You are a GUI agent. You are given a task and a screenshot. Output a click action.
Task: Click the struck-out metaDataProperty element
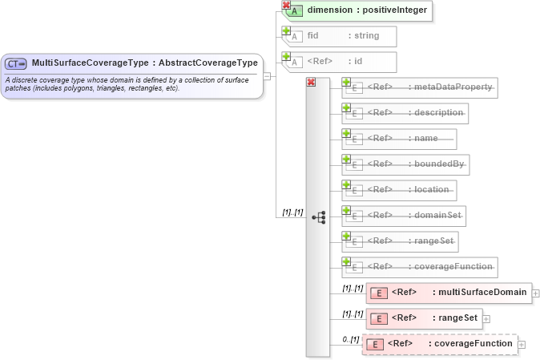coord(421,87)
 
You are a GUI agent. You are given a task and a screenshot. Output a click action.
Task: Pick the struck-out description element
coord(406,113)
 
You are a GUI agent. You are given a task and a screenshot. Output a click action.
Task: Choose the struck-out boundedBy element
coord(405,164)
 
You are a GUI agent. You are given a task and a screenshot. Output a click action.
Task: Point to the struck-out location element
coord(401,190)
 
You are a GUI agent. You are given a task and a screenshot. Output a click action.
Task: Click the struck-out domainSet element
coord(405,216)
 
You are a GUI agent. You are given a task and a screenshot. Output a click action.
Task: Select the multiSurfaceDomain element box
coord(448,293)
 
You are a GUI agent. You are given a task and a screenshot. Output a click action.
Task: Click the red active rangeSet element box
coord(422,318)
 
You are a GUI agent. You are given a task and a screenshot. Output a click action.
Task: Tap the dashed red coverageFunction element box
coord(440,344)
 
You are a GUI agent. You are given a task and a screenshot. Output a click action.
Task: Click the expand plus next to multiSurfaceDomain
coord(535,293)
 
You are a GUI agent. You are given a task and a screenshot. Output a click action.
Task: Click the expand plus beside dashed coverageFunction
coord(522,345)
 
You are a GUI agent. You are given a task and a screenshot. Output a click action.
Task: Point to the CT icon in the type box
coord(16,63)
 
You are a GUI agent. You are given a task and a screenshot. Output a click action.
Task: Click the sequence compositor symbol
coord(318,216)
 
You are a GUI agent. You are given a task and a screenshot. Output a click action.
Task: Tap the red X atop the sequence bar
coord(311,81)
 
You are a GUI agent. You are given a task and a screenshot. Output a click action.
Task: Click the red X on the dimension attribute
coord(286,5)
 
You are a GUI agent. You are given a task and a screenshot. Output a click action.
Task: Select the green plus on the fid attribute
coord(286,30)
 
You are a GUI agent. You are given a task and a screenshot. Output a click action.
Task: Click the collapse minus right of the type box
coord(267,76)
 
